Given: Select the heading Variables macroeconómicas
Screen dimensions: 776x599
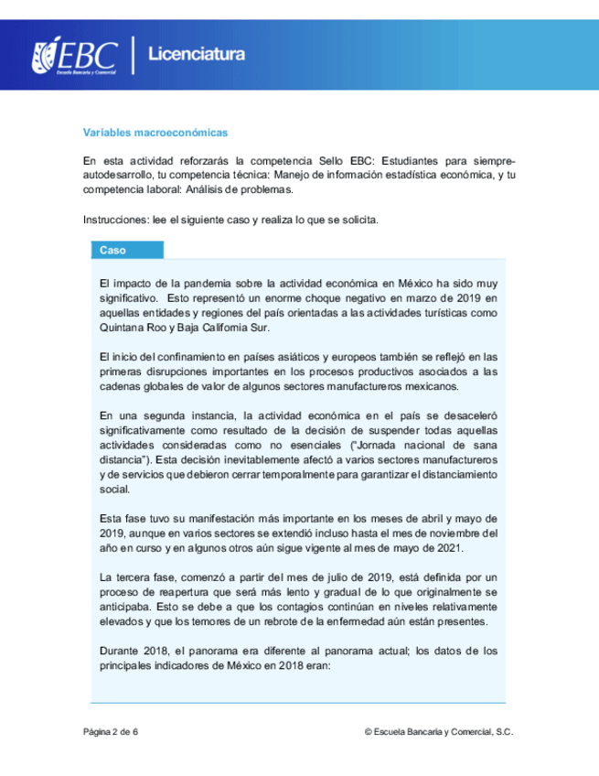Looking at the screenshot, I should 155,133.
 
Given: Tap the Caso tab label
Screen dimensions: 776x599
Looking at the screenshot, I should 113,250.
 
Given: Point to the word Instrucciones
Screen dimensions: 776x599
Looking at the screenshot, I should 114,221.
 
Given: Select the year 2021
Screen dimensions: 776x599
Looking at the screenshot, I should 452,547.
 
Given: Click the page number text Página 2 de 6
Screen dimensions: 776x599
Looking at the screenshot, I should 111,732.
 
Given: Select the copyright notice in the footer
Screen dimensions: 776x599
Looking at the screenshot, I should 438,732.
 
